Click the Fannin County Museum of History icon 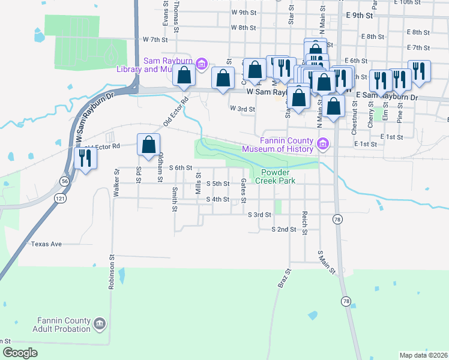point(323,144)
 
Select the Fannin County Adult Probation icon point(100,324)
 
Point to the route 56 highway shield point(64,181)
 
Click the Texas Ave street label point(47,244)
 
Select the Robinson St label point(112,272)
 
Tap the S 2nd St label point(284,229)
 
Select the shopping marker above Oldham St point(148,145)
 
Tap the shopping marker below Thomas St point(184,76)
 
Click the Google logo point(20,353)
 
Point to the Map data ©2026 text point(423,355)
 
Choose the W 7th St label point(154,39)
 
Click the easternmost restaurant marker point(419,71)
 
